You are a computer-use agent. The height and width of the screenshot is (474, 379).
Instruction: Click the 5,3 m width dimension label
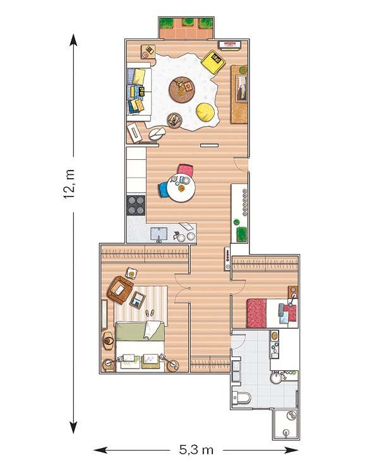[196, 450]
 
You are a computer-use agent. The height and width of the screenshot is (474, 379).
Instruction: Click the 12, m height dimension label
[69, 184]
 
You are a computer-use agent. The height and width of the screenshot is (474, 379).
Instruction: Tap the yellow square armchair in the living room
[213, 62]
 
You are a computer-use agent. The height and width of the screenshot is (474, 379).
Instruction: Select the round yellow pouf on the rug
[205, 112]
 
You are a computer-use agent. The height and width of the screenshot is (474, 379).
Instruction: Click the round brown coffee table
[182, 90]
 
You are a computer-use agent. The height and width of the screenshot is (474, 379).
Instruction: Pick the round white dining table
[181, 188]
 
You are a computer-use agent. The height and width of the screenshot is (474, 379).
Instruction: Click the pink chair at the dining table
[185, 170]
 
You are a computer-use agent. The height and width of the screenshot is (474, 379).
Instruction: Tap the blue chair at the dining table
[162, 190]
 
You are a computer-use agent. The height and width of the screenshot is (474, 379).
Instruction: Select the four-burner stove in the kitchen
[136, 205]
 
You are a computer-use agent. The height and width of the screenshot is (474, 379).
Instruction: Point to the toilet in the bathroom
[241, 398]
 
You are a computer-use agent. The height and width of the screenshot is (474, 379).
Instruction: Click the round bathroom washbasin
[275, 377]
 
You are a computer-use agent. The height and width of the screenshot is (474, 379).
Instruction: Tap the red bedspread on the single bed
[256, 313]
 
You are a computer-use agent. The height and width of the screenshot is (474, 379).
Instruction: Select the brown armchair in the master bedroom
[120, 290]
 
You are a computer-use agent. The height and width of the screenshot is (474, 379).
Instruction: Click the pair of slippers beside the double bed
[150, 313]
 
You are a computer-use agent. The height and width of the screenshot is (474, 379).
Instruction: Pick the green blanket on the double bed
[140, 331]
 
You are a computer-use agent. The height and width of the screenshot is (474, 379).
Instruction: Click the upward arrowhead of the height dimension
[73, 39]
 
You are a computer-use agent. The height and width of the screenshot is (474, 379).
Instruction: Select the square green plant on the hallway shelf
[241, 234]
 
